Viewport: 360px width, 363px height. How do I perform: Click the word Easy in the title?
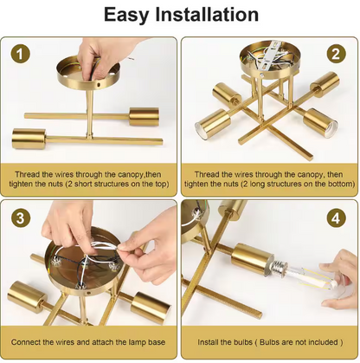(x=125, y=15)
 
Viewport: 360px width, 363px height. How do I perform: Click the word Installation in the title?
(x=207, y=14)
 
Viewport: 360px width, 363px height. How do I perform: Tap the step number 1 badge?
(x=21, y=54)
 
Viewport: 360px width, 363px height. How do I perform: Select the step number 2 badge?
(x=336, y=54)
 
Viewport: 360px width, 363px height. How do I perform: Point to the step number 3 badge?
(x=21, y=218)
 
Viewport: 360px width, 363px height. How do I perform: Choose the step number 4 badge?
(x=336, y=218)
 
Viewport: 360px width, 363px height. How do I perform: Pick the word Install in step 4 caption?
(x=208, y=342)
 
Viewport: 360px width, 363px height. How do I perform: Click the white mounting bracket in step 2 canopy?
(x=269, y=57)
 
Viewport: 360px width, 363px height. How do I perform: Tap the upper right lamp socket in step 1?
(x=144, y=117)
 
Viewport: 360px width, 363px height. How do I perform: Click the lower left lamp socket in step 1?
(x=29, y=139)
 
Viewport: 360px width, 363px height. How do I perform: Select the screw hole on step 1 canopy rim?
(x=99, y=85)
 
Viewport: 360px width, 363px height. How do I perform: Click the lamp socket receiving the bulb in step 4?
(x=253, y=259)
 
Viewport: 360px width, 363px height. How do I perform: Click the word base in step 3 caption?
(x=157, y=342)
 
